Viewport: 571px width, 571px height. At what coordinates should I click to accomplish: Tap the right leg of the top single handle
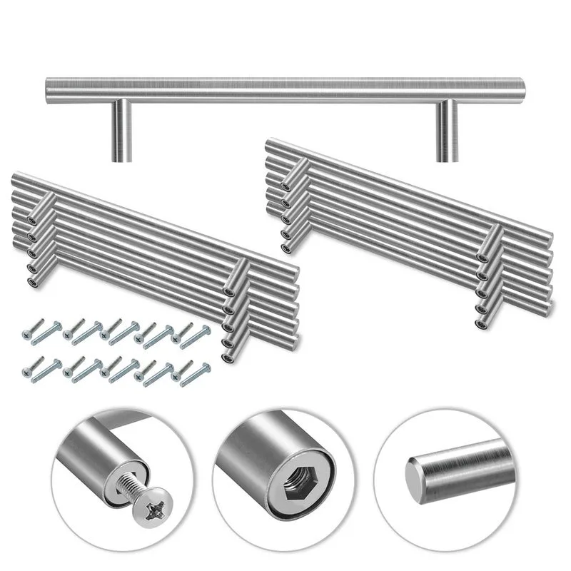tap(447, 132)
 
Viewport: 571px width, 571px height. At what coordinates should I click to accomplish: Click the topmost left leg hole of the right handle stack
tap(285, 186)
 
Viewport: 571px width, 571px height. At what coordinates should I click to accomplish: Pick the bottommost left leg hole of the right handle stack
tap(285, 248)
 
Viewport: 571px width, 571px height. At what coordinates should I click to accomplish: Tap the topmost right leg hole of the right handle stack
tap(482, 258)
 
